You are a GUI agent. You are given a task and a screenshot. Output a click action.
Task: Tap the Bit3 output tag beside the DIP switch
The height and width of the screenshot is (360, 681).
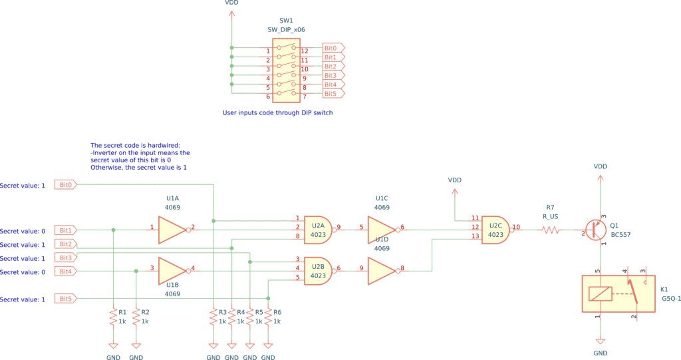tap(333, 76)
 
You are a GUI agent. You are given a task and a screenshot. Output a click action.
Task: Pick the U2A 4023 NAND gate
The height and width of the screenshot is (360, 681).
tap(318, 230)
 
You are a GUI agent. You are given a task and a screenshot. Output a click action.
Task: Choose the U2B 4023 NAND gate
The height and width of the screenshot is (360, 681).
tap(318, 271)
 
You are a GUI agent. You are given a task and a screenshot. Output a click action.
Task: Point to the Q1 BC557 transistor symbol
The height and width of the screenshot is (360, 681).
tap(596, 230)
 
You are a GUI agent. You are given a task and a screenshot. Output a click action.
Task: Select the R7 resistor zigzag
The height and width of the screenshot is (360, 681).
tap(551, 230)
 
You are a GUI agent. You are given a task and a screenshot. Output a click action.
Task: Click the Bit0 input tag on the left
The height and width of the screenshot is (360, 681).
tap(65, 184)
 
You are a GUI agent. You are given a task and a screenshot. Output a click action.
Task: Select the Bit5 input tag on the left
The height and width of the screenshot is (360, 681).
tap(65, 299)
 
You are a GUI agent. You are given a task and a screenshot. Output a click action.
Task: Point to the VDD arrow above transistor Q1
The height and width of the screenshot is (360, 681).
tap(599, 178)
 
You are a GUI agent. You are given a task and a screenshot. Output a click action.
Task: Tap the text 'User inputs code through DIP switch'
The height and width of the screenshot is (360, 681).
tap(277, 113)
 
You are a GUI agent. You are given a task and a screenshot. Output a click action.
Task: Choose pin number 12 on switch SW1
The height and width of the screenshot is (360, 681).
tap(305, 51)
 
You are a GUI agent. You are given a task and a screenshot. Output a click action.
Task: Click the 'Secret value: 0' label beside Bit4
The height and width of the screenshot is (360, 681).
tap(23, 272)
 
